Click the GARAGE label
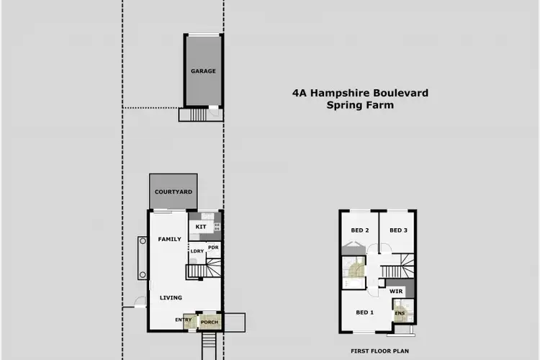tap(204, 71)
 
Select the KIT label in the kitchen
tap(201, 227)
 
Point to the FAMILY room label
tap(170, 239)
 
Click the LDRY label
tap(197, 251)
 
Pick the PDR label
tap(212, 248)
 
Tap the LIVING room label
tap(171, 297)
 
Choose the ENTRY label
tap(183, 320)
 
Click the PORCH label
tap(209, 321)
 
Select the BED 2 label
tap(360, 230)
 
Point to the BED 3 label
tap(398, 230)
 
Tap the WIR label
tap(395, 292)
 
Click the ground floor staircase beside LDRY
tap(204, 271)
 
